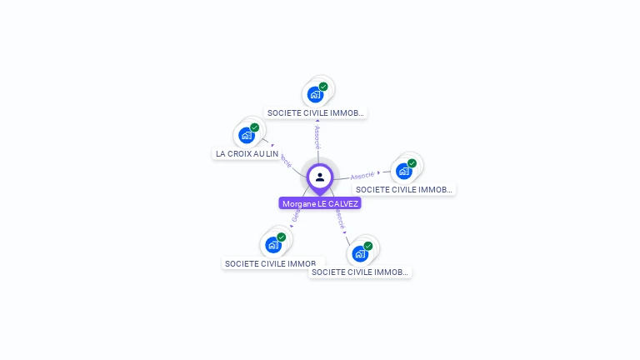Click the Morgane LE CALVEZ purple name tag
pyautogui.click(x=320, y=203)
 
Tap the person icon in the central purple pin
pyautogui.click(x=320, y=177)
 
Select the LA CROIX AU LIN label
pyautogui.click(x=247, y=153)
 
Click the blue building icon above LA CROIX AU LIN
pyautogui.click(x=246, y=135)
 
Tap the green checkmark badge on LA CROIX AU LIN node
pyautogui.click(x=255, y=127)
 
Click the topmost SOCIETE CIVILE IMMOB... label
pyautogui.click(x=316, y=112)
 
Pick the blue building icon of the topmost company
pyautogui.click(x=314, y=94)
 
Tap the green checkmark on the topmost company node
pyautogui.click(x=323, y=87)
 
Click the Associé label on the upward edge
pyautogui.click(x=317, y=135)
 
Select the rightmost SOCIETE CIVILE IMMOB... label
pyautogui.click(x=404, y=189)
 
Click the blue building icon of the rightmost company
pyautogui.click(x=403, y=171)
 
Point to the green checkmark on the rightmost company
pyautogui.click(x=412, y=163)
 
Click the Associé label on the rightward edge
pyautogui.click(x=362, y=176)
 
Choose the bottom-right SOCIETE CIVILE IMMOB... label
pyautogui.click(x=360, y=272)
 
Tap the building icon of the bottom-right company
pyautogui.click(x=359, y=252)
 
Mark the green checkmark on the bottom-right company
pyautogui.click(x=368, y=246)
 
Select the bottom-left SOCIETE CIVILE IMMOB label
pyautogui.click(x=271, y=263)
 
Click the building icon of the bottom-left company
pyautogui.click(x=272, y=245)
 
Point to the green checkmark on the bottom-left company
pyautogui.click(x=282, y=237)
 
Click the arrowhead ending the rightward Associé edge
pyautogui.click(x=379, y=173)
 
